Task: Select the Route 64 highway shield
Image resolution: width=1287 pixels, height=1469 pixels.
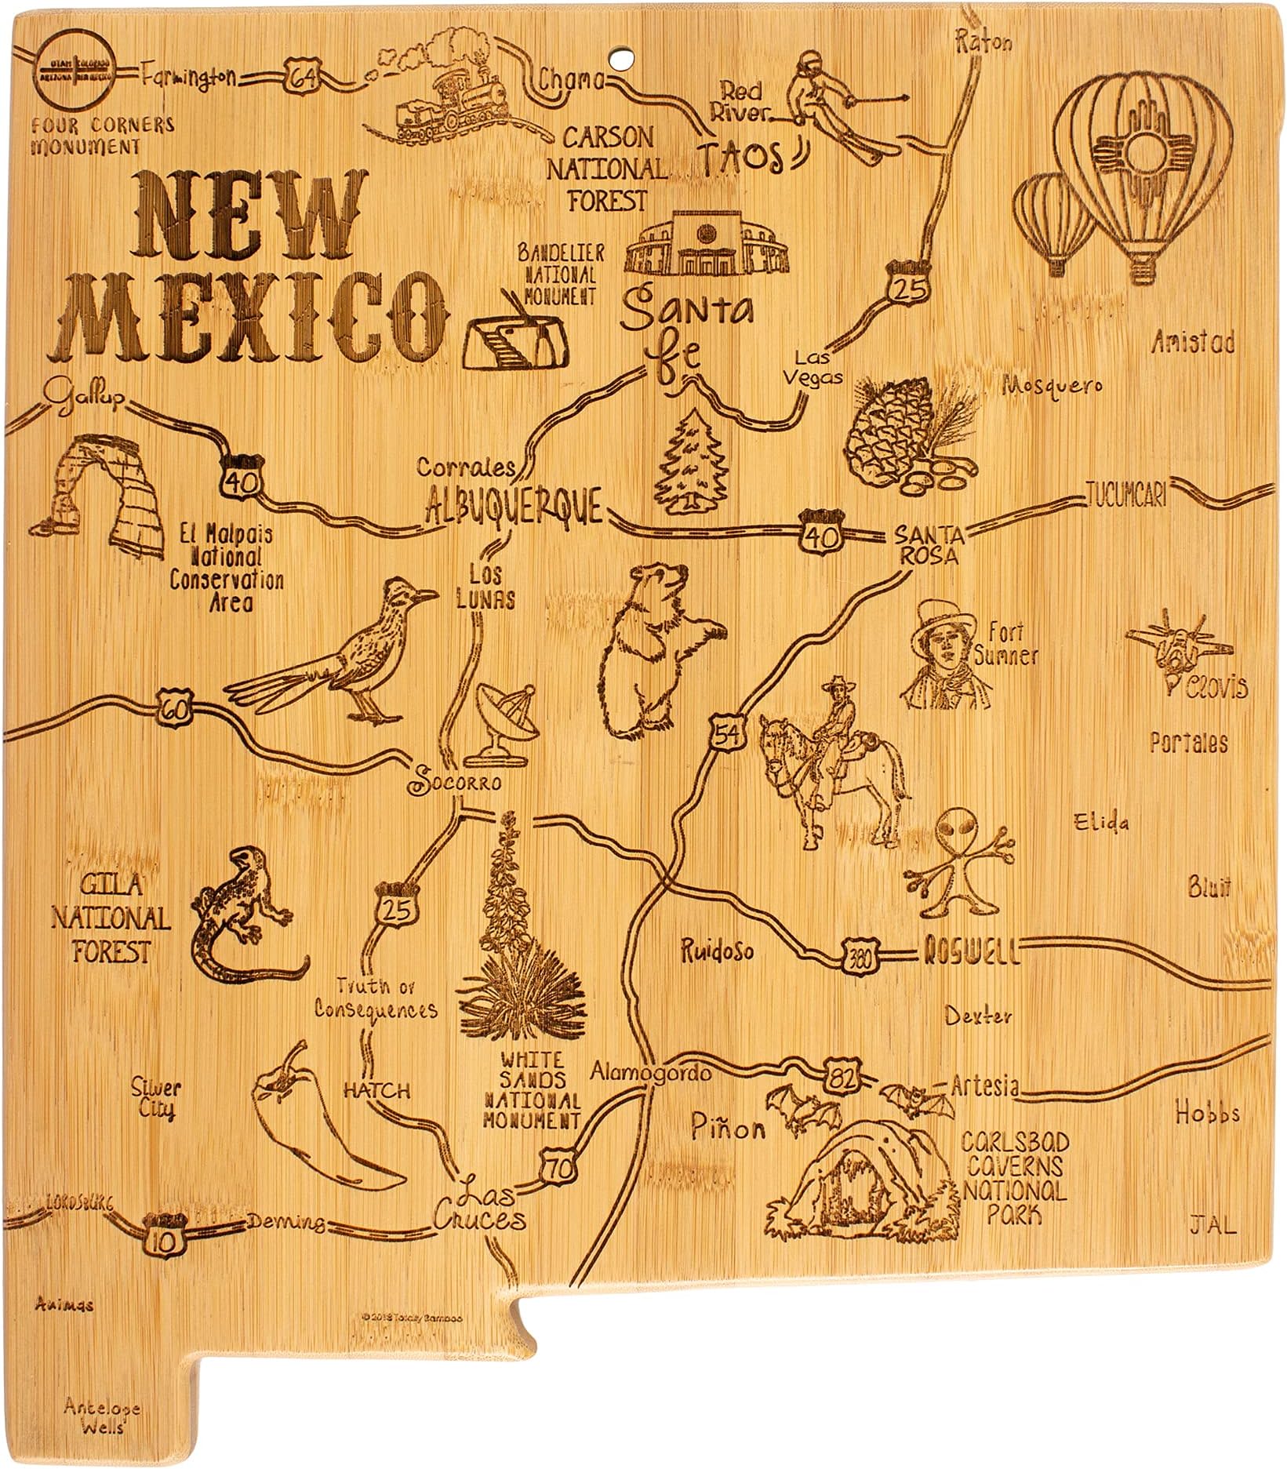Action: [301, 76]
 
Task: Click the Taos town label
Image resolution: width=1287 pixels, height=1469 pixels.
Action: [741, 156]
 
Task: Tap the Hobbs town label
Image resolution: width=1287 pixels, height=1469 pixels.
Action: [1207, 1112]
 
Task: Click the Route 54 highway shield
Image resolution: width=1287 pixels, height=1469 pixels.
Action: [726, 734]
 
